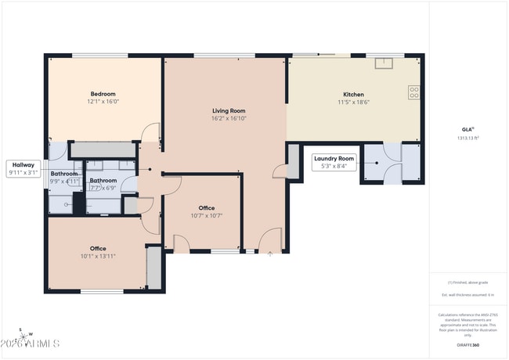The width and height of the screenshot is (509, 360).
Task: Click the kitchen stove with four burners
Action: pyautogui.click(x=413, y=92)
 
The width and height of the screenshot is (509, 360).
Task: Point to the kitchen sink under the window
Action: pyautogui.click(x=384, y=63)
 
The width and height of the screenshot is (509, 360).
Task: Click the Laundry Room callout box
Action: pyautogui.click(x=335, y=162)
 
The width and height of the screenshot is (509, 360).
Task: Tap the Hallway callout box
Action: pyautogui.click(x=23, y=168)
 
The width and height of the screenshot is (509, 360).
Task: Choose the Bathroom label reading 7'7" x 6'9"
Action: pyautogui.click(x=103, y=184)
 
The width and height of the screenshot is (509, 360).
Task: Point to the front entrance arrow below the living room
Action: pyautogui.click(x=269, y=254)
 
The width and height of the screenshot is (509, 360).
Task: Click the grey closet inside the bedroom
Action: pyautogui.click(x=102, y=149)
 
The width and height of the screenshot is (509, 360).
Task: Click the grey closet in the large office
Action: pyautogui.click(x=154, y=268)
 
